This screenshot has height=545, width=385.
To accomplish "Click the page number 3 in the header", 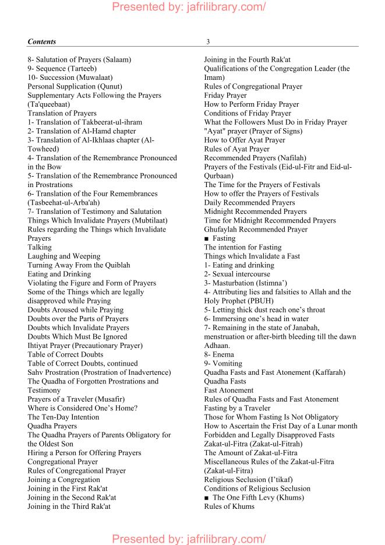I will coord(208,42).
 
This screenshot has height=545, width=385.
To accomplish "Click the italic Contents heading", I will coord(42,42).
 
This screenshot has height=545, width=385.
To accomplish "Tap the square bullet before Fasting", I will coord(207,238).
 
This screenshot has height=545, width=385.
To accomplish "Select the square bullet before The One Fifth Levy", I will coord(207,498).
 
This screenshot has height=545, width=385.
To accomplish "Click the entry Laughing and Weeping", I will coord(64,256).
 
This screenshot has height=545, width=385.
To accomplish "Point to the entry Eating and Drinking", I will coord(59,274).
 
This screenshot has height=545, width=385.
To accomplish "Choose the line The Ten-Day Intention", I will coord(63,417).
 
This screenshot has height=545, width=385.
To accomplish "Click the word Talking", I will coord(40,247).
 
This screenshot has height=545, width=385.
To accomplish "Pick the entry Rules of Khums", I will coord(229,507).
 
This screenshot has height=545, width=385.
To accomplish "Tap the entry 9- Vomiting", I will coord(222,364).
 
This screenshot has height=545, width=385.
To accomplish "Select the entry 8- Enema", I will coord(219,354).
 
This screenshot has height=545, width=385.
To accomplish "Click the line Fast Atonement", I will coord(229,391).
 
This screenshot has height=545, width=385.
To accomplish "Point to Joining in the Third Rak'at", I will coord(69,507).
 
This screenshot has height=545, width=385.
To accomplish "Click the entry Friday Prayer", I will coord(225,96).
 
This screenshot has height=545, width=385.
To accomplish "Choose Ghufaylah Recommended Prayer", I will coord(256,230).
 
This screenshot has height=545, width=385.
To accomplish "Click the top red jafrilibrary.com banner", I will coord(189,7).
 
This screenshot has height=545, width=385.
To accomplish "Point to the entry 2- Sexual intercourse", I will coord(237,274).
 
